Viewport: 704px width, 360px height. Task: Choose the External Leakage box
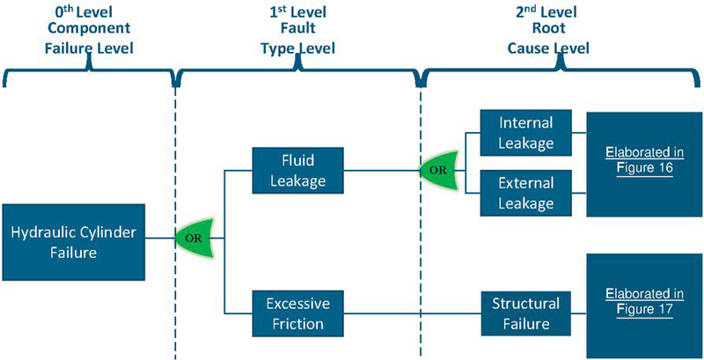pos(525,193)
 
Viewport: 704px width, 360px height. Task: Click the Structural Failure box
pos(525,315)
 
